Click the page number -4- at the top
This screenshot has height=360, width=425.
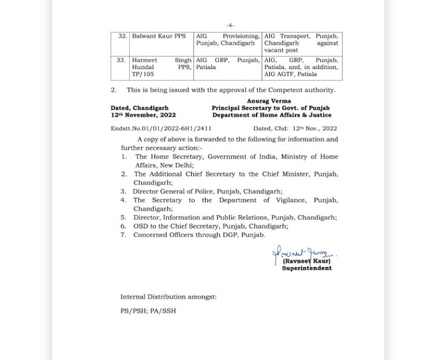[x=230, y=25]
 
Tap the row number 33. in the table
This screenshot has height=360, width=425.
[x=121, y=61]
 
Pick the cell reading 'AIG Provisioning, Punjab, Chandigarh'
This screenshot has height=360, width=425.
[x=228, y=40]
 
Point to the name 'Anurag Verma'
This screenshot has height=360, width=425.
[x=269, y=101]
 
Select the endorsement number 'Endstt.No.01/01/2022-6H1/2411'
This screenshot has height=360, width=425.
[x=161, y=128]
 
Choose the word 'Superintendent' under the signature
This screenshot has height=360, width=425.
[x=307, y=268]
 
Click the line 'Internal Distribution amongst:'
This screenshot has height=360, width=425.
[x=168, y=297]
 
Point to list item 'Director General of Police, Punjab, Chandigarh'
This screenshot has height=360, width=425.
[x=207, y=191]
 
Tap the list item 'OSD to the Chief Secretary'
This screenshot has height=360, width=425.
[x=210, y=226]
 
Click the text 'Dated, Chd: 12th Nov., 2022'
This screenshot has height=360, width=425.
[x=295, y=128]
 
